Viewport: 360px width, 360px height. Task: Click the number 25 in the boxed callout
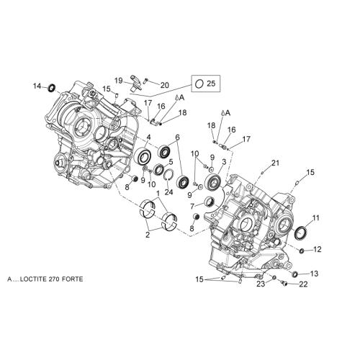(211, 84)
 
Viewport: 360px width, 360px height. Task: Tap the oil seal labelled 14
(52, 88)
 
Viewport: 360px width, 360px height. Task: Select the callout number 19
(119, 81)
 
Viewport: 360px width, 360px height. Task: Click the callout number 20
(165, 85)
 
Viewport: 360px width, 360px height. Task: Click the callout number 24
(168, 192)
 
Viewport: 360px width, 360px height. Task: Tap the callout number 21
(275, 163)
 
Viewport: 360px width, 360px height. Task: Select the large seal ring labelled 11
(301, 233)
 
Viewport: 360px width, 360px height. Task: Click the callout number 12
(318, 249)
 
